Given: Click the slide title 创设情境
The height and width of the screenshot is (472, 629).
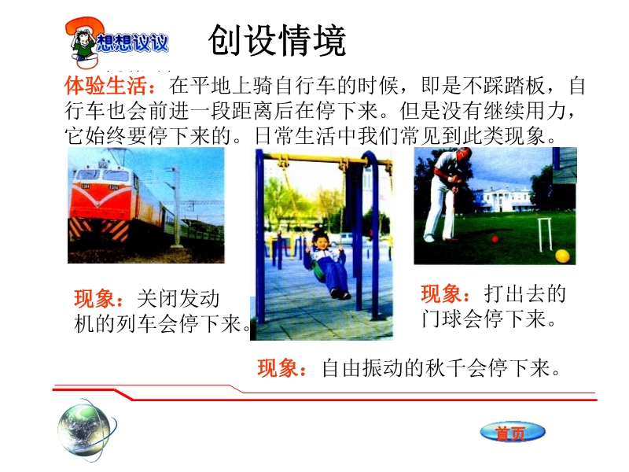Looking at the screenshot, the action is [x=277, y=40].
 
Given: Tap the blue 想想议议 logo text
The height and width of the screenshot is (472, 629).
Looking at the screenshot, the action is [x=132, y=42].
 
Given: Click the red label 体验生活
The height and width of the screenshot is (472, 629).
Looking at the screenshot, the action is [x=105, y=86].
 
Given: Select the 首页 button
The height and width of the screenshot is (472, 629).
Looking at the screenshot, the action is [x=513, y=433].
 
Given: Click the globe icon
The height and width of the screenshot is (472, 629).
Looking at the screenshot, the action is [x=85, y=429].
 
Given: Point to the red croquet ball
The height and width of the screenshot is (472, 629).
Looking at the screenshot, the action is [x=495, y=239].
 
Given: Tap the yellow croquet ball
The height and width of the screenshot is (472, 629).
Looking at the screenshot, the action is [x=562, y=256].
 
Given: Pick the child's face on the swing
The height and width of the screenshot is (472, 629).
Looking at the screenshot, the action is [x=321, y=242].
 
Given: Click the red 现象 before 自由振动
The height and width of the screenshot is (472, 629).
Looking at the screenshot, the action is [x=278, y=367].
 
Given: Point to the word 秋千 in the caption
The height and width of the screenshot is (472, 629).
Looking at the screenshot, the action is [x=445, y=367].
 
